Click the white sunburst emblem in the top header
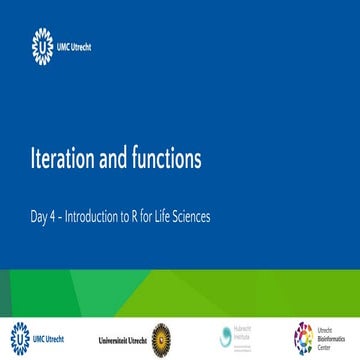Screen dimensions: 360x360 point(42,44)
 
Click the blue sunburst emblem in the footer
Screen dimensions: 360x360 point(19,337)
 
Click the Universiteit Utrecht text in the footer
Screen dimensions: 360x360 point(122,339)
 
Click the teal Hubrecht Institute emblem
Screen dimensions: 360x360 point(225,337)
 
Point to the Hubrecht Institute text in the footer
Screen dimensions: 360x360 point(246,337)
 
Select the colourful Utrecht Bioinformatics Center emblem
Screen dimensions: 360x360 point(302,338)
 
